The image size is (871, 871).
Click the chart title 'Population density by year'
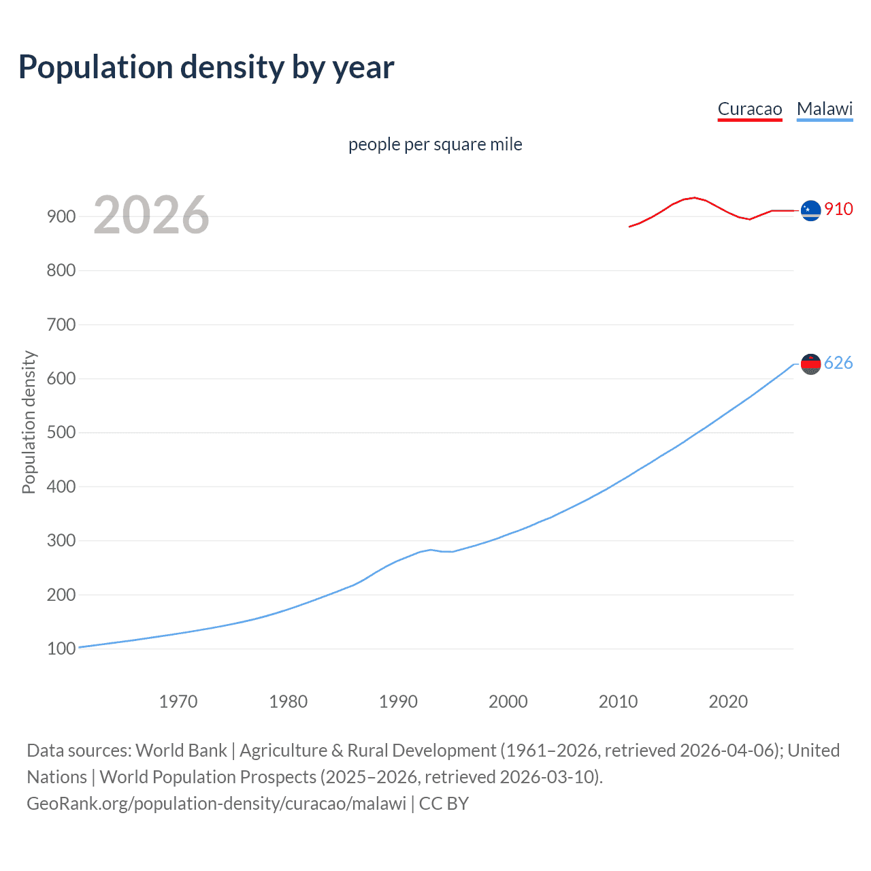pos(206,67)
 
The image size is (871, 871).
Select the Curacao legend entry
pos(750,109)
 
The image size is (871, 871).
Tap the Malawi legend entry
pos(824,109)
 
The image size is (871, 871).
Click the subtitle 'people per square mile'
pos(435,144)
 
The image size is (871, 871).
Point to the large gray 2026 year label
pos(151,215)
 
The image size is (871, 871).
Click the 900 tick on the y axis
pos(61,216)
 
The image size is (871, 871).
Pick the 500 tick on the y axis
pos(61,433)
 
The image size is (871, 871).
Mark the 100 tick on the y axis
pos(61,648)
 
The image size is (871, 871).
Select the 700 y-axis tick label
pos(61,325)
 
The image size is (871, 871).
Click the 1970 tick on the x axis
pos(178,702)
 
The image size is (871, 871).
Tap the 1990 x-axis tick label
pos(398,702)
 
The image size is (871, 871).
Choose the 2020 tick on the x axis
pos(728,702)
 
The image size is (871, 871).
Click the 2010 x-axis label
pos(618,702)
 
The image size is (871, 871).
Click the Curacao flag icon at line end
pos(810,211)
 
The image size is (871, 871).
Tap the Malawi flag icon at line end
pos(810,364)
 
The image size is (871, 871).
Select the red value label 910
pos(838,209)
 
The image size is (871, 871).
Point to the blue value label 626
pos(838,363)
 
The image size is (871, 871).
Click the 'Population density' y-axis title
pos(29,422)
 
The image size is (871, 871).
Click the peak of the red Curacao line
pos(693,197)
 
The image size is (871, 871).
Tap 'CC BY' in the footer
pos(444,804)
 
